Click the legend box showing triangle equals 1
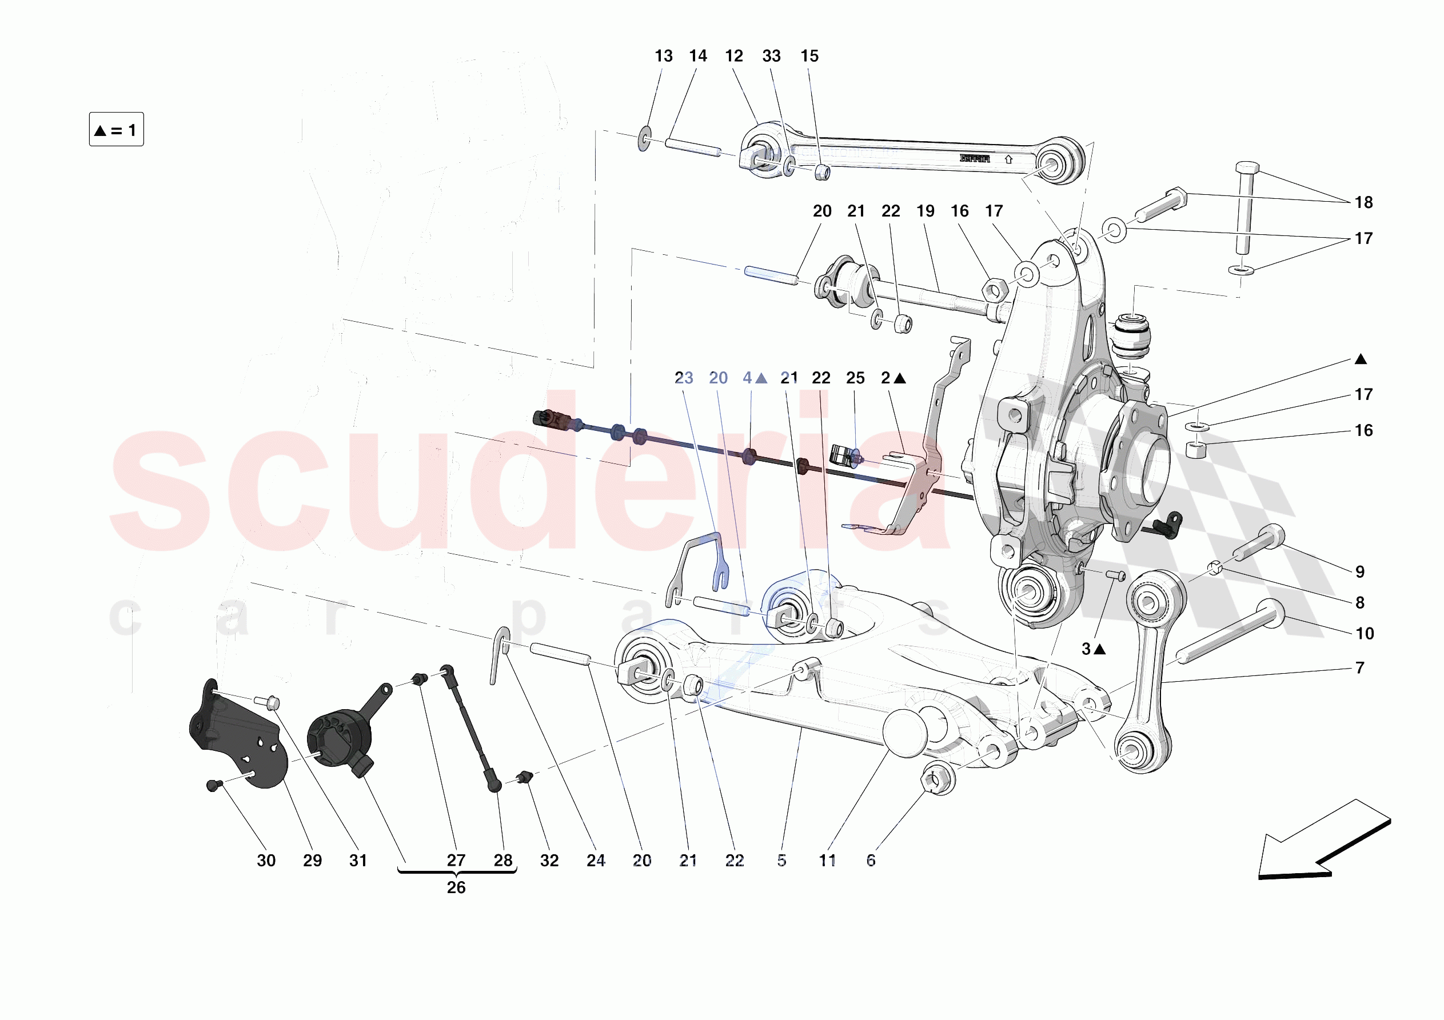point(117,130)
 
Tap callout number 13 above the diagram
point(664,56)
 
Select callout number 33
point(771,56)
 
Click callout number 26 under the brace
point(456,887)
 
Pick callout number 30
point(266,860)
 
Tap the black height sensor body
point(340,739)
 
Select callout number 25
point(855,378)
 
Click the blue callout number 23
point(684,378)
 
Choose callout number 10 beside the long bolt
point(1364,633)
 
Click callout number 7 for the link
point(1360,667)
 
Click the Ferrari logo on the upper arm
point(974,158)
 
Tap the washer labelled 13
point(644,138)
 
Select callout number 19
point(925,211)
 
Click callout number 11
point(827,860)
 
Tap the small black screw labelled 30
point(213,785)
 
